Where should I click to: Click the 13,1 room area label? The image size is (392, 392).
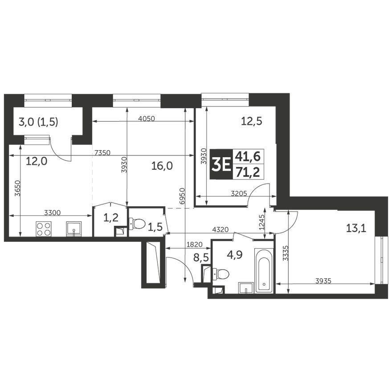pyautogui.click(x=355, y=229)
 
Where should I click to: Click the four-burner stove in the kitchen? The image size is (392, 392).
pyautogui.click(x=44, y=229)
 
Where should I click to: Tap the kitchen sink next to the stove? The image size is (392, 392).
pyautogui.click(x=74, y=229)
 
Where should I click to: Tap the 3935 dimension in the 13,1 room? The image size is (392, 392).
pyautogui.click(x=324, y=281)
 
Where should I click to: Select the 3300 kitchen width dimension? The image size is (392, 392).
pyautogui.click(x=52, y=213)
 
